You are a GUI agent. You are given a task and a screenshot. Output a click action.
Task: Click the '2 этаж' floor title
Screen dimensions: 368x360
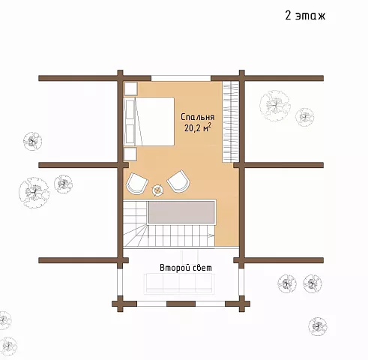[305, 16]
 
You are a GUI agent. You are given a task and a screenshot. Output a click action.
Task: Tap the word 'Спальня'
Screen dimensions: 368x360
[197, 117]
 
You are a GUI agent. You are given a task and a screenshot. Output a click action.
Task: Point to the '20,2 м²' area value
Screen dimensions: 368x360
[198, 127]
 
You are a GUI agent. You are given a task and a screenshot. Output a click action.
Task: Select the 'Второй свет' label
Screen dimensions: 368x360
[186, 268]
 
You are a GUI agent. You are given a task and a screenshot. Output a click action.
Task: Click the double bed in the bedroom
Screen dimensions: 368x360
[149, 121]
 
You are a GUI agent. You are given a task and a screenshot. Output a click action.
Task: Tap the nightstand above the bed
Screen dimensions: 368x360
[130, 88]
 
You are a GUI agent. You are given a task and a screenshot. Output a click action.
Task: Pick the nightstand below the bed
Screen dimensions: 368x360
[130, 154]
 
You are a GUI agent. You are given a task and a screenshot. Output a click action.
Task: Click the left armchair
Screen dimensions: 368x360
[136, 183]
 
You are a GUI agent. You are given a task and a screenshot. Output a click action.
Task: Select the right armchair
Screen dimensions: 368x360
[179, 181]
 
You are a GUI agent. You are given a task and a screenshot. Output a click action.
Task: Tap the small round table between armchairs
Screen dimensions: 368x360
[158, 190]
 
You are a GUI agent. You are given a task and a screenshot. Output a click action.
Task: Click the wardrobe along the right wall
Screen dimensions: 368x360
[231, 121]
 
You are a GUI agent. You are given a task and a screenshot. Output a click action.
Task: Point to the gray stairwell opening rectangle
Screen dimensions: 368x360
[181, 212]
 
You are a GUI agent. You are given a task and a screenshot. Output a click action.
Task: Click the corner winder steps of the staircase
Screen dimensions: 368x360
[135, 235]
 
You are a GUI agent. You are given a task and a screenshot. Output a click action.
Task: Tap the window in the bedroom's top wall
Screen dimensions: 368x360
[181, 78]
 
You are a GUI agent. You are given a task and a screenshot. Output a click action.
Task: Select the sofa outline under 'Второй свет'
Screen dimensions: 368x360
[179, 283]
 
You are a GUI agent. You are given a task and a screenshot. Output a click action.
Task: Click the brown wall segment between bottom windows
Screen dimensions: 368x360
[181, 304]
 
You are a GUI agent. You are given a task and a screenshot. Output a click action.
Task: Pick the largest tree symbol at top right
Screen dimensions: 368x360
[275, 106]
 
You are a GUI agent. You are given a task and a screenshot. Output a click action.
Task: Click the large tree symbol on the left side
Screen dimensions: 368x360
[34, 193]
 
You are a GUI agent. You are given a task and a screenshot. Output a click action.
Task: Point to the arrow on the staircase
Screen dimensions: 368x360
[211, 235]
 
